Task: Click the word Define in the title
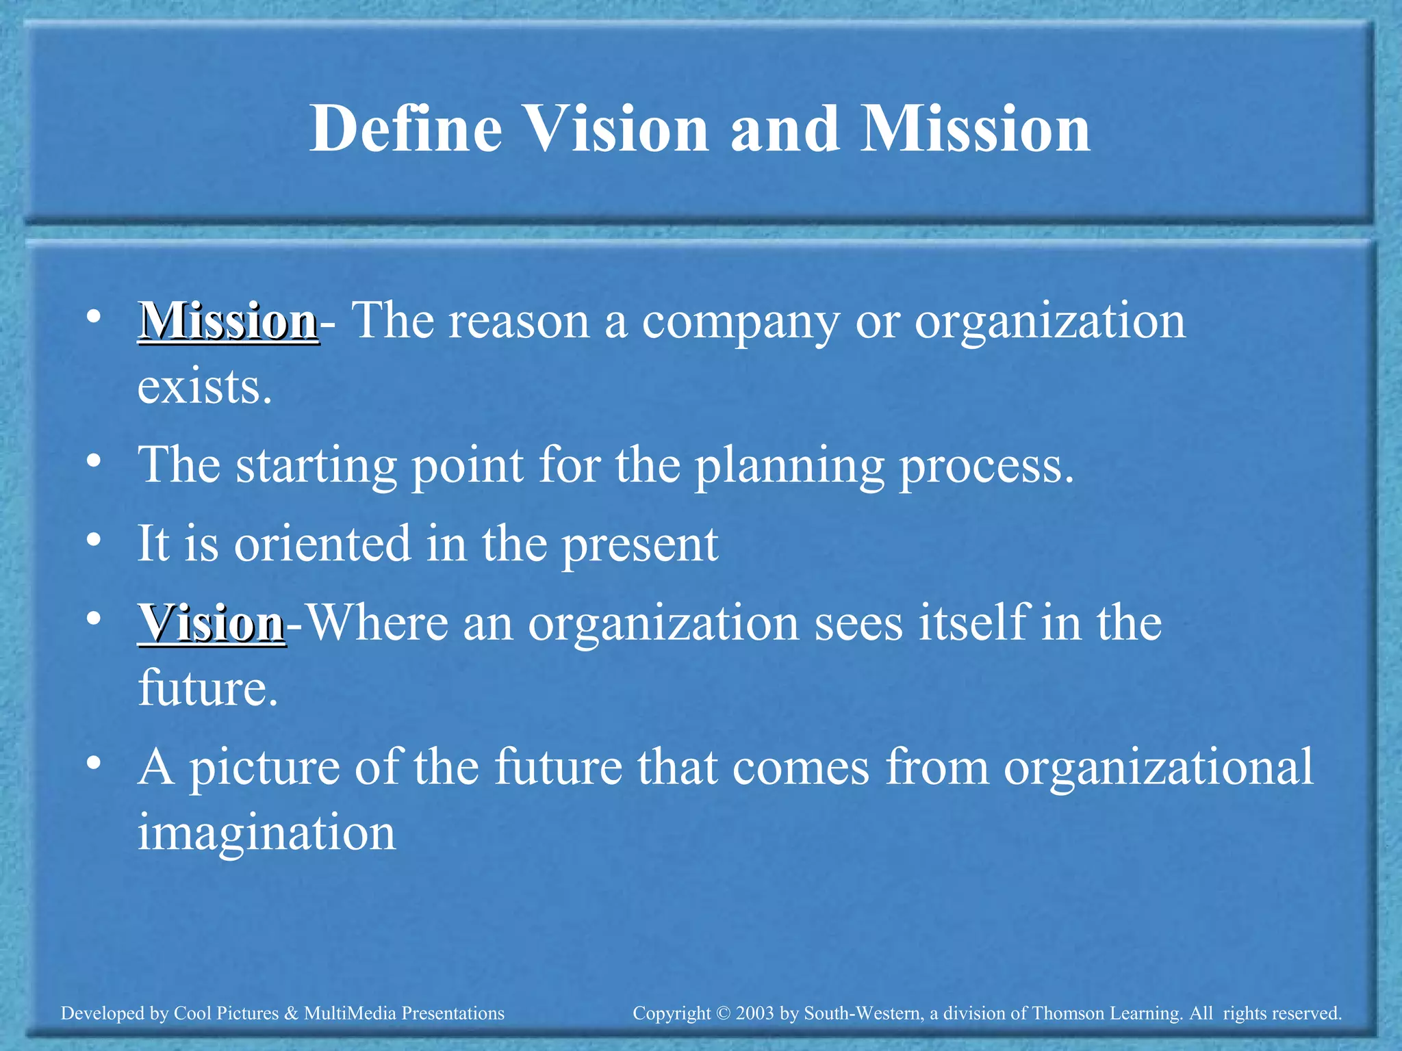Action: pyautogui.click(x=406, y=129)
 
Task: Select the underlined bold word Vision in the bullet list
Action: pyautogui.click(x=212, y=623)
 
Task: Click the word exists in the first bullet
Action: pyautogui.click(x=205, y=387)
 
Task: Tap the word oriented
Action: pyautogui.click(x=322, y=544)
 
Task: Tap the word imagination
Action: pyautogui.click(x=267, y=833)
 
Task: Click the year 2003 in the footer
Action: pyautogui.click(x=755, y=1013)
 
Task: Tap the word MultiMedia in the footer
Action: pyautogui.click(x=350, y=1013)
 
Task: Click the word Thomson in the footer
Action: pyautogui.click(x=1063, y=1013)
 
